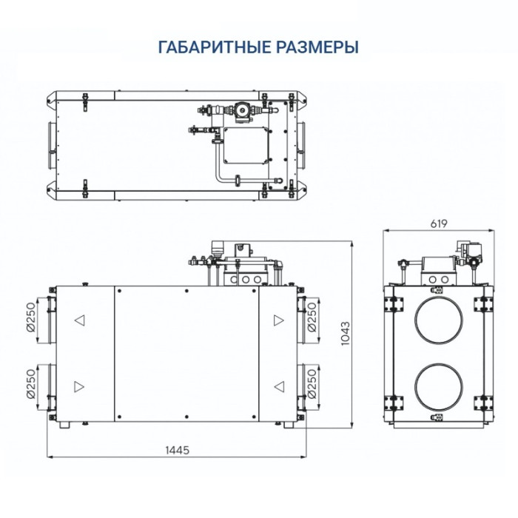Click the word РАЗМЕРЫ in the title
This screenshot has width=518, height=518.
click(322, 47)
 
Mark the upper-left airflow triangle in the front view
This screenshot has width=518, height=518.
click(79, 320)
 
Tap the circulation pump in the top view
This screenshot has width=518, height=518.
click(241, 110)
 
